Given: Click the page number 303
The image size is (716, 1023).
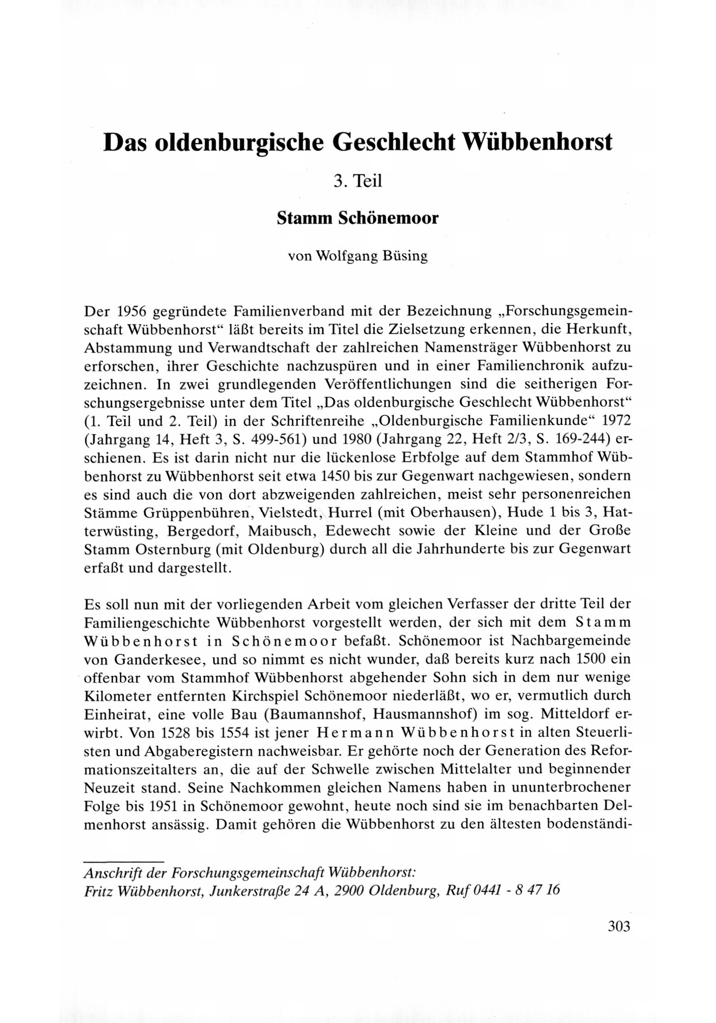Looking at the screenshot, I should (x=619, y=926).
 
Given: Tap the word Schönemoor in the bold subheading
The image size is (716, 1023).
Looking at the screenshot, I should (x=388, y=218).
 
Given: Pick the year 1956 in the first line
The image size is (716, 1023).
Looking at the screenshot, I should (x=130, y=310).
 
